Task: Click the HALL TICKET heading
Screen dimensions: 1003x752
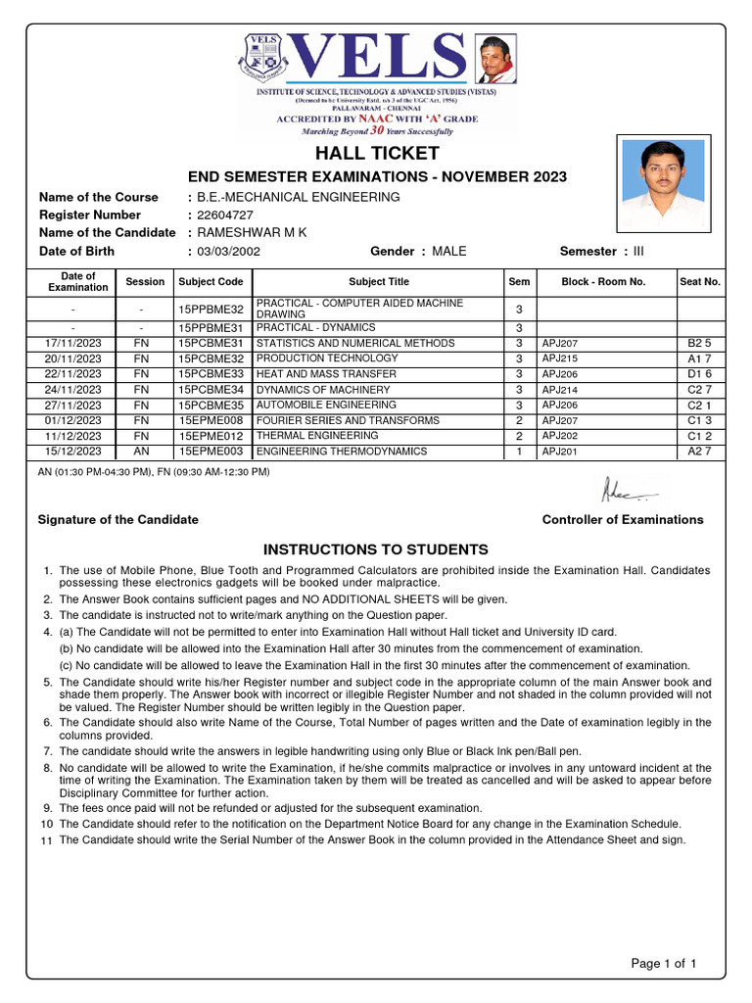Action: click(x=377, y=153)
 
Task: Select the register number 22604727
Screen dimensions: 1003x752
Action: click(x=225, y=215)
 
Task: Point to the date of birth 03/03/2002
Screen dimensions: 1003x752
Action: click(x=229, y=252)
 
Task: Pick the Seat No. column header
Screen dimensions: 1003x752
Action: click(x=699, y=282)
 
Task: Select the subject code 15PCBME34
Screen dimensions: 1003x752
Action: click(x=211, y=390)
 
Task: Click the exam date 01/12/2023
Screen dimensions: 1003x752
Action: click(x=73, y=420)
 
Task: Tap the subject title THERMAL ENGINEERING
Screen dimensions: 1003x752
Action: click(x=316, y=436)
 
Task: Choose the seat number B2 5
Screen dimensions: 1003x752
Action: click(x=698, y=344)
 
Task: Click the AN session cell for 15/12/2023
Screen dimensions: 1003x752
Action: click(x=142, y=452)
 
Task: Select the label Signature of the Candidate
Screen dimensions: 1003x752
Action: click(x=117, y=520)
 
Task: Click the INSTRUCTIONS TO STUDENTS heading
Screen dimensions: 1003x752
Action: click(x=376, y=549)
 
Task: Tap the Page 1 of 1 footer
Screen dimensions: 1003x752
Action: click(x=664, y=964)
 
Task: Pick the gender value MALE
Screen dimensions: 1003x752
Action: click(x=449, y=252)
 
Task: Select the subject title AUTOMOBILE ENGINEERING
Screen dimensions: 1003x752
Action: click(x=326, y=406)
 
